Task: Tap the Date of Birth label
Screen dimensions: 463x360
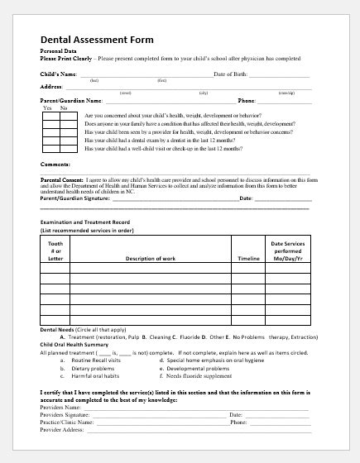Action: (x=231, y=74)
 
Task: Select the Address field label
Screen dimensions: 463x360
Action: (x=52, y=86)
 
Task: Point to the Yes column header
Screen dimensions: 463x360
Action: (x=48, y=108)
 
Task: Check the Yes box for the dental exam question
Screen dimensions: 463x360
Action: (x=49, y=141)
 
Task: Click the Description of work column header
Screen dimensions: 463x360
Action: (x=150, y=259)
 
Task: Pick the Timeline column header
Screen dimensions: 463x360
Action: (x=248, y=259)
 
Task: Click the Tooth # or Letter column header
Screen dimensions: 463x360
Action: (x=55, y=251)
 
